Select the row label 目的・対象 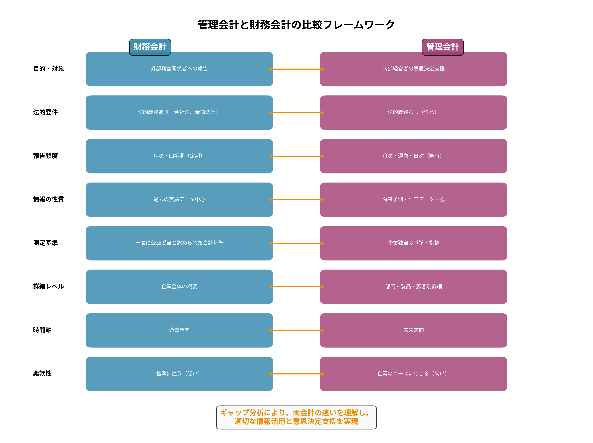pyautogui.click(x=49, y=69)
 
